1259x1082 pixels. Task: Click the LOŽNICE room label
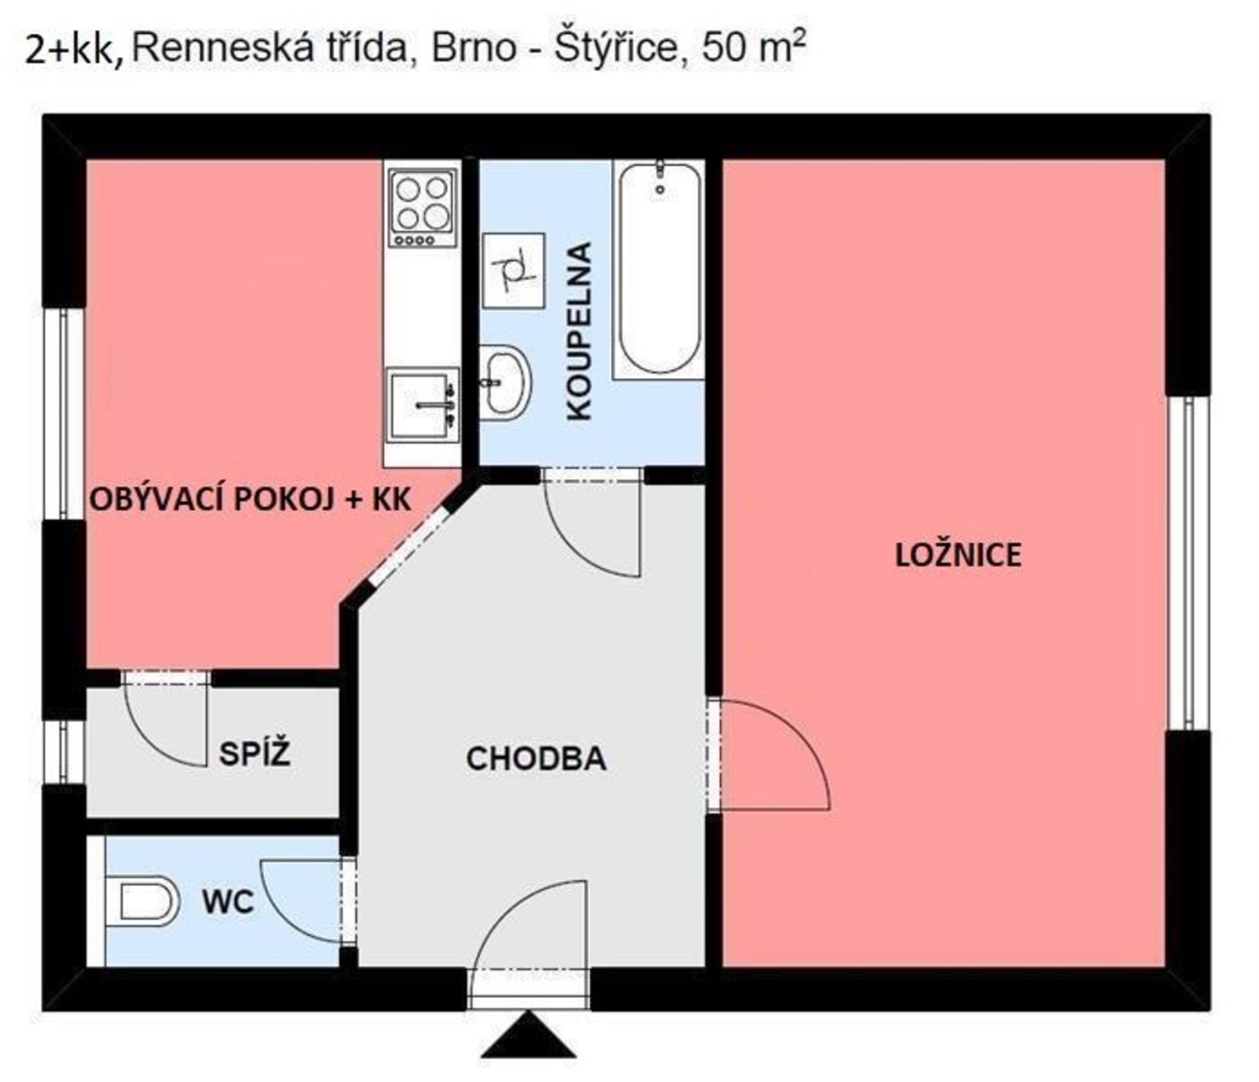tap(958, 555)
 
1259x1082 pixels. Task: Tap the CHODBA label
tap(536, 759)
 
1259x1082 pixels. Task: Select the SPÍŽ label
tap(254, 753)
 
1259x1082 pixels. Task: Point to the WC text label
tap(228, 902)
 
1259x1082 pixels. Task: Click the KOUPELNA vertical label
tap(579, 331)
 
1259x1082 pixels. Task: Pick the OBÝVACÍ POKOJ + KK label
tap(250, 500)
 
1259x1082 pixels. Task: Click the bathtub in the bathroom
tap(659, 270)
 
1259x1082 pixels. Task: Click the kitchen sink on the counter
tap(422, 405)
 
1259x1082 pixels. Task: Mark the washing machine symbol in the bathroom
tap(513, 270)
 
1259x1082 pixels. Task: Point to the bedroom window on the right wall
tap(1188, 563)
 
